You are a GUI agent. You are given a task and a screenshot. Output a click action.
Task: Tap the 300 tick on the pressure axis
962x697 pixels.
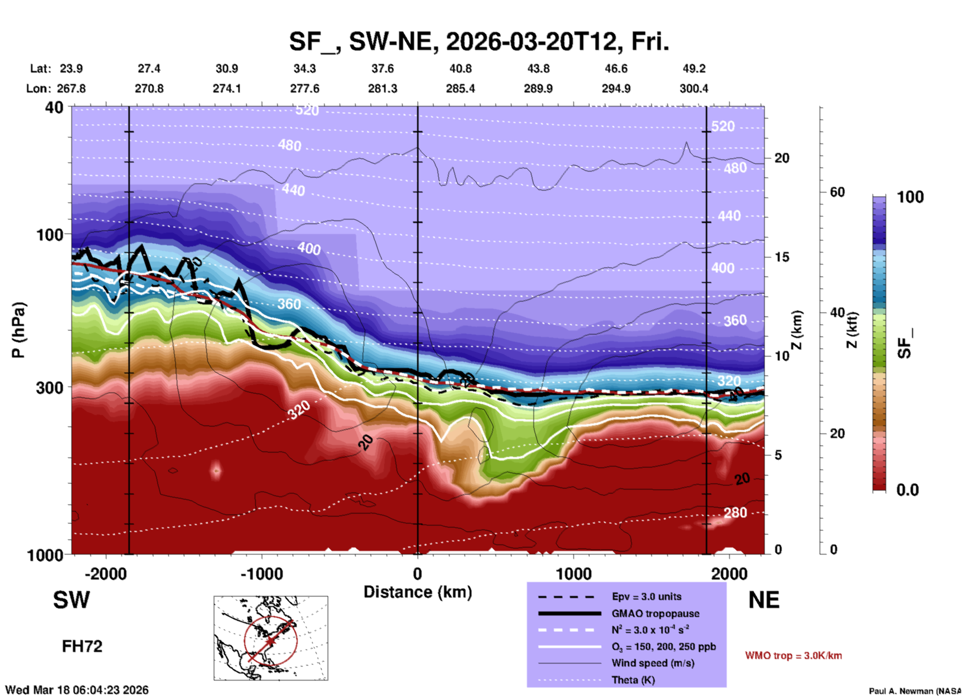[x=49, y=387]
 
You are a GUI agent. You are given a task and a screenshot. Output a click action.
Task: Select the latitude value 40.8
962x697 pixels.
[x=460, y=68]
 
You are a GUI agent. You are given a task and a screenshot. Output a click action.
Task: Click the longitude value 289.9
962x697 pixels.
[x=538, y=88]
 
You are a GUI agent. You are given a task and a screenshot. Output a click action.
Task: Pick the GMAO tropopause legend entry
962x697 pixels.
[x=655, y=613]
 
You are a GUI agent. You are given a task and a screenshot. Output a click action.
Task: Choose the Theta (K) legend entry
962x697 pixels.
[x=633, y=680]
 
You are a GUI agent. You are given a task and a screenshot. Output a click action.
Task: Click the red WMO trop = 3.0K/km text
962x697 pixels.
[x=793, y=655]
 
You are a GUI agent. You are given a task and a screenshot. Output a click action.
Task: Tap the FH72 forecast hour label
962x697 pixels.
[x=82, y=646]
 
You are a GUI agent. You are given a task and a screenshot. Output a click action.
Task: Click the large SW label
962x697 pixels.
[x=71, y=600]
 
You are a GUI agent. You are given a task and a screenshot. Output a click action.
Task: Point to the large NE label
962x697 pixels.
[x=764, y=600]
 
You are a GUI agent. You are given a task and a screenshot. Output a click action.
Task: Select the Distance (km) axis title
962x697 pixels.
[x=418, y=592]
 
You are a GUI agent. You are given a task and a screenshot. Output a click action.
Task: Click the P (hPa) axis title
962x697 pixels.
[x=18, y=330]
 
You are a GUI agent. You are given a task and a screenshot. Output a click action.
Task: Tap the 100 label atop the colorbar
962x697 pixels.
[x=910, y=197]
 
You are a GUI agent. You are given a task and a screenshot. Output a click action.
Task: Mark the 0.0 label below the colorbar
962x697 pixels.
[x=907, y=490]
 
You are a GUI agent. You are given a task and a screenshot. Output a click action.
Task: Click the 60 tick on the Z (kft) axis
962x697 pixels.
[x=837, y=192]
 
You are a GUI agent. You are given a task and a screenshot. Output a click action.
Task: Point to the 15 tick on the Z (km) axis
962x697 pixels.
[x=782, y=257]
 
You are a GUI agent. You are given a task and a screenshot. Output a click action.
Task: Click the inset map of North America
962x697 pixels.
[x=271, y=637]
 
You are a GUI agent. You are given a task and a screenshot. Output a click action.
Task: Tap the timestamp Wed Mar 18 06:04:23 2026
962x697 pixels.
[x=77, y=690]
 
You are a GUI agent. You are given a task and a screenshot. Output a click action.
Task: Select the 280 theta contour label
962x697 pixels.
[x=735, y=512]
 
